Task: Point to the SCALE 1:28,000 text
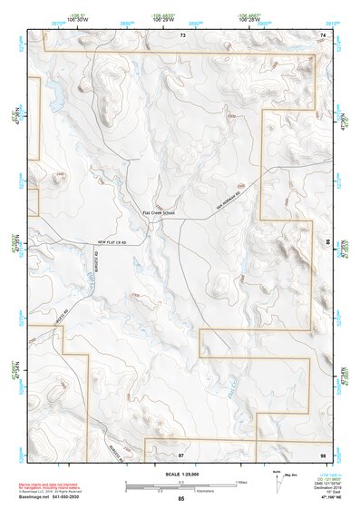(180, 474)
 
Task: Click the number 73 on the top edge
(182, 34)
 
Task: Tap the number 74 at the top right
(323, 34)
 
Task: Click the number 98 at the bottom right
(323, 453)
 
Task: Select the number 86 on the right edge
(328, 243)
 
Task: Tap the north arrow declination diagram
(277, 477)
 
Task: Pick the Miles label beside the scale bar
(241, 481)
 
